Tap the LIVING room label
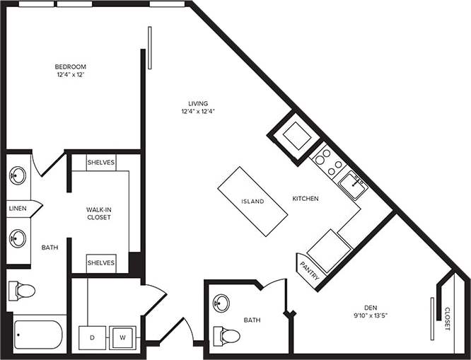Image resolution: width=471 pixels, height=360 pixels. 193,104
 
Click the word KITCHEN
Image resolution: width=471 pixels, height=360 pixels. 306,199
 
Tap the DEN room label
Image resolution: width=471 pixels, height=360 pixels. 371,307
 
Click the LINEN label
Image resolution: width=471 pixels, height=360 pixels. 18,209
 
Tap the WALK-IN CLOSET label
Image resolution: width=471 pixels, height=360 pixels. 98,213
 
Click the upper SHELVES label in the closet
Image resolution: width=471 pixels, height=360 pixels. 101,162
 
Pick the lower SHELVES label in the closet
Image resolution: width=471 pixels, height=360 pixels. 101,262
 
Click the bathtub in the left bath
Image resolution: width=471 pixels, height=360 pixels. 38,335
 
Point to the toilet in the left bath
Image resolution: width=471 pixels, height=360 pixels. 22,289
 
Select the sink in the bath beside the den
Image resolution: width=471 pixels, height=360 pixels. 221,303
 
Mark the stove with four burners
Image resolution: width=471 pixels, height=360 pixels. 327,161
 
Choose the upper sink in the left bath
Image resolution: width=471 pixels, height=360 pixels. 18,174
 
